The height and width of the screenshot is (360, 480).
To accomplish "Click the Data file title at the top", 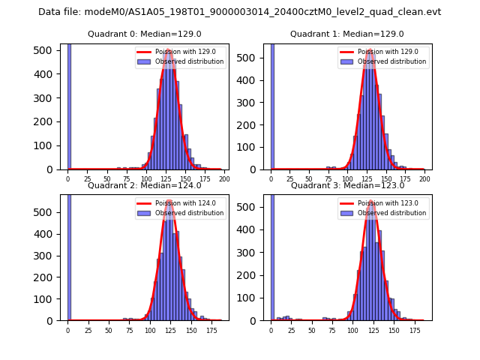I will pos(239,12).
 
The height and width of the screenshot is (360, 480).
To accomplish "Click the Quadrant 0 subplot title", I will pos(144,34).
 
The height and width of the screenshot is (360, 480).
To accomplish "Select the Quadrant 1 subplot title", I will pos(346,34).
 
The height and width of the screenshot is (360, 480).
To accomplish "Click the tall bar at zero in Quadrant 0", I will pos(68,105).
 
